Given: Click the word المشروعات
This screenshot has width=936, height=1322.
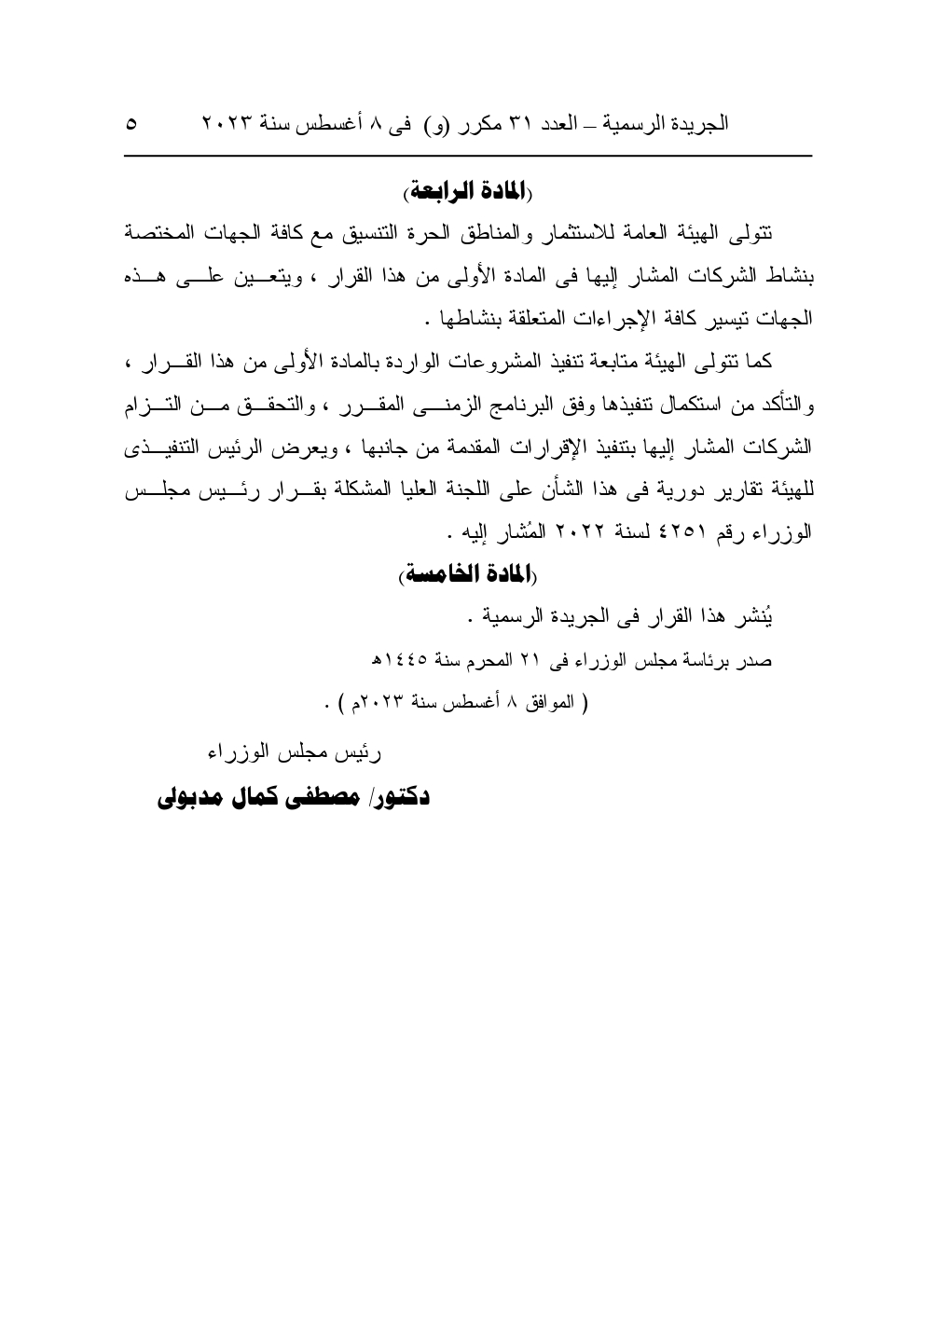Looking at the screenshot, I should click(547, 361).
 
